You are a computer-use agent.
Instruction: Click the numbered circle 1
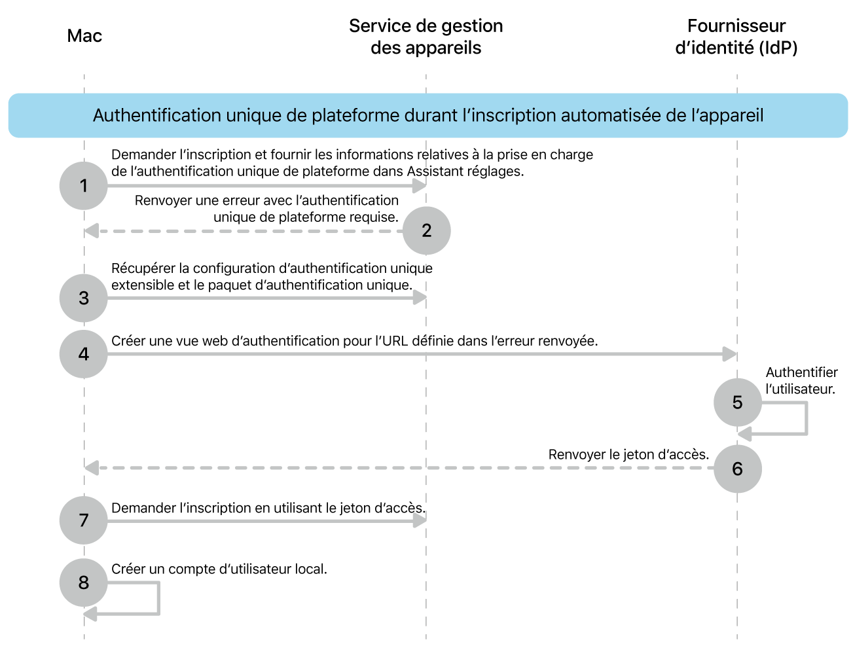83,186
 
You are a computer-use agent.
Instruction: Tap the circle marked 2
426,230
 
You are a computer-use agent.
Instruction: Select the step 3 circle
83,298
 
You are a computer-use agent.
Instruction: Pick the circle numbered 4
83,354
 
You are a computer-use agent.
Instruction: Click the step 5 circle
737,402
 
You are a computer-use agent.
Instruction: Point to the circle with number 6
737,469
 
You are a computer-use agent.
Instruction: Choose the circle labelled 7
83,520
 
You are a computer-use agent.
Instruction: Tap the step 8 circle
83,582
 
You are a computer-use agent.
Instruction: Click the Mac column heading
84,35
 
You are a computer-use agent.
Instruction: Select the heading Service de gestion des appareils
426,37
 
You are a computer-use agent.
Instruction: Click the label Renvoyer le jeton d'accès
628,454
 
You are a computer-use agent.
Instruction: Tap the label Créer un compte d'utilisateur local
219,569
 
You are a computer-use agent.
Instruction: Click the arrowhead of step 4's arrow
730,354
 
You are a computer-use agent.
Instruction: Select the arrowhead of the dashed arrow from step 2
92,230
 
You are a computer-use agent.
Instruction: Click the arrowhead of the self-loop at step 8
90,614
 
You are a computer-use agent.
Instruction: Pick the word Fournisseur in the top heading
736,26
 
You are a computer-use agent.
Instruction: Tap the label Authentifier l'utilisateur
801,380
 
